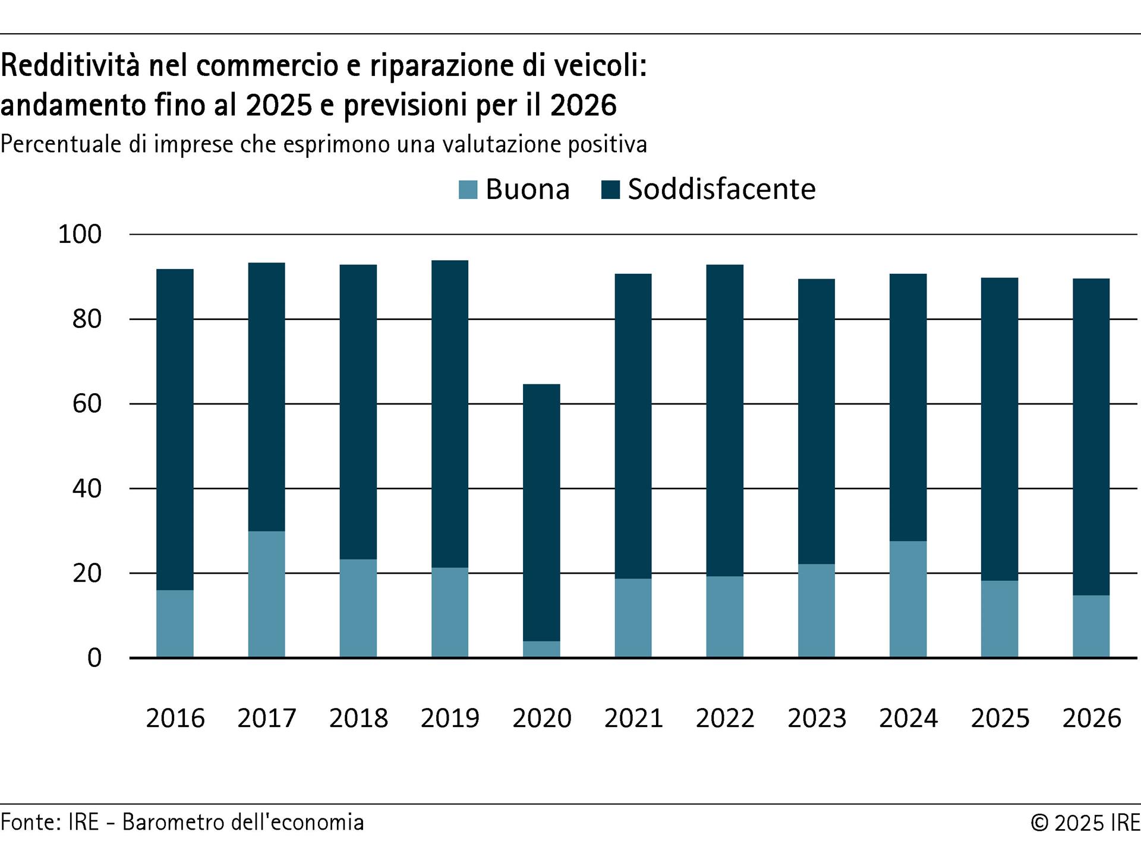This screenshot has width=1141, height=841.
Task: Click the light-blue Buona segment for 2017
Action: click(x=266, y=594)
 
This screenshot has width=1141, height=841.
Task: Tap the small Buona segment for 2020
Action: click(x=541, y=649)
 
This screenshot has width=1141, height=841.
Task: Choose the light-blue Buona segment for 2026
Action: click(x=1091, y=626)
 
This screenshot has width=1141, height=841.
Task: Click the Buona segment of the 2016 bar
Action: click(x=175, y=624)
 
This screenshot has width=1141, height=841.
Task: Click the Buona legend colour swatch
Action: click(x=468, y=190)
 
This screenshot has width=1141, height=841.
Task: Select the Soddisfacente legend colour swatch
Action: click(x=610, y=190)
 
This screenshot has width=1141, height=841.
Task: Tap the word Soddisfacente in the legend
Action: click(x=721, y=189)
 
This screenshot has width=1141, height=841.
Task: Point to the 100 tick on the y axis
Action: click(x=80, y=235)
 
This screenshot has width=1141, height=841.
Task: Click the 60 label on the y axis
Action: click(x=87, y=404)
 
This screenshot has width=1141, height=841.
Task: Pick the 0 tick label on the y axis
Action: click(x=94, y=658)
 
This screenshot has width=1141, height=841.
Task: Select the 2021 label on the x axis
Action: click(x=633, y=718)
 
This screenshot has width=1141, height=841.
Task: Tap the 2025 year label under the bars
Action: click(x=1000, y=718)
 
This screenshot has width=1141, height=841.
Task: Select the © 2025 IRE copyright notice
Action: click(x=1085, y=823)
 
